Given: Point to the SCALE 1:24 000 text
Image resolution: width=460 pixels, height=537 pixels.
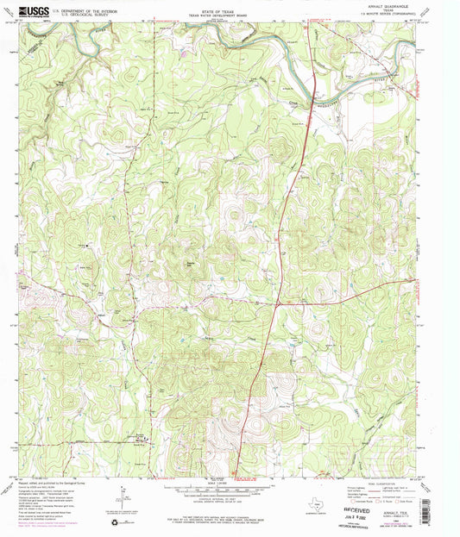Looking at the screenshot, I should tap(228, 485).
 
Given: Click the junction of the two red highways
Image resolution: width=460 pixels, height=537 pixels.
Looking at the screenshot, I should tap(276, 304).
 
